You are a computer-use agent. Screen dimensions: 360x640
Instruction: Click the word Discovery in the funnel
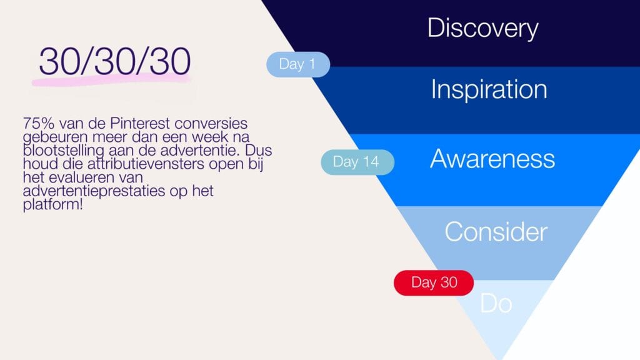tap(482, 29)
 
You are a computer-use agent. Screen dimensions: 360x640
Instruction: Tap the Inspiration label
tap(489, 90)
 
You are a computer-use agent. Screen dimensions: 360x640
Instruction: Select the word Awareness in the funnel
tap(492, 159)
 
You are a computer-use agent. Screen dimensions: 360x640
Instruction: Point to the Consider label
tap(496, 232)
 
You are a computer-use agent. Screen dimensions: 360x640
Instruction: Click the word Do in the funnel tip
tap(496, 304)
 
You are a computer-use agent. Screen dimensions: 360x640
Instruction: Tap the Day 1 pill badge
tap(297, 64)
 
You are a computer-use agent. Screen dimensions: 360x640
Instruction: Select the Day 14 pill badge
tap(356, 162)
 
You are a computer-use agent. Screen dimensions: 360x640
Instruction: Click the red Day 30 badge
tap(434, 282)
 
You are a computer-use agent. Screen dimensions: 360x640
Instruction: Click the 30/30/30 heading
tap(114, 62)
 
